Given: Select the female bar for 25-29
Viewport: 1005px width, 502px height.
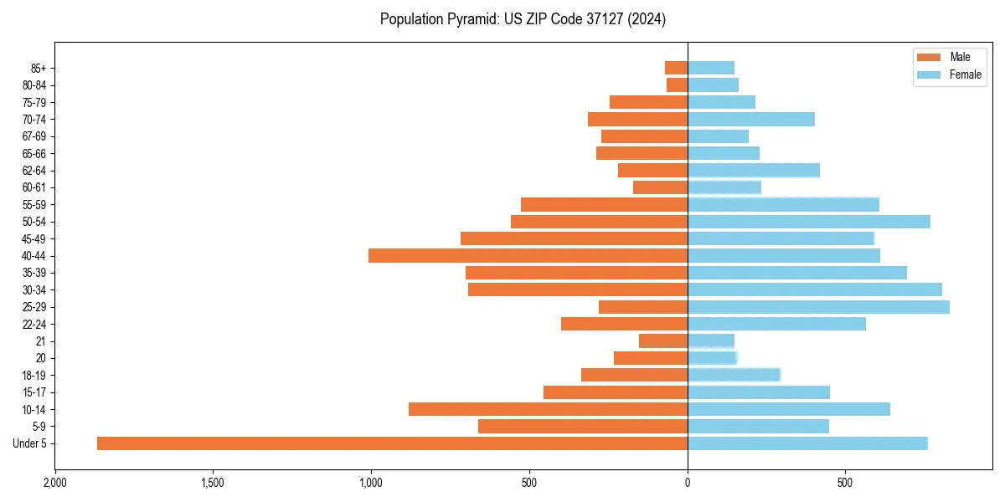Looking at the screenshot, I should (x=818, y=307).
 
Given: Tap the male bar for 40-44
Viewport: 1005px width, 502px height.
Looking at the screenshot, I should (x=528, y=255).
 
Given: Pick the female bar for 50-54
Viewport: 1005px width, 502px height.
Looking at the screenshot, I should (x=808, y=222).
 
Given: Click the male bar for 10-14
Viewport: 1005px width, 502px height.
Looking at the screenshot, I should (x=548, y=409).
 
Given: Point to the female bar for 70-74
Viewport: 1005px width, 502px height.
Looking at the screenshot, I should (x=750, y=119).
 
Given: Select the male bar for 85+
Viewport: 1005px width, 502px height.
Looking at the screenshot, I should (x=676, y=68).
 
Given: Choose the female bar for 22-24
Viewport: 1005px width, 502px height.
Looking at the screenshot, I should (x=776, y=324).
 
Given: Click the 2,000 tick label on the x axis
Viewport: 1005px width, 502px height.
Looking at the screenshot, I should (x=55, y=483).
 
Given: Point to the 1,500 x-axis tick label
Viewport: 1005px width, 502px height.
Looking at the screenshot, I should (x=213, y=483).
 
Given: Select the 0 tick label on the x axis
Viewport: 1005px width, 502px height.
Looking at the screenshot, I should (x=688, y=483).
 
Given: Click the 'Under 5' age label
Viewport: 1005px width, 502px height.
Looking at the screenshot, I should (x=29, y=443).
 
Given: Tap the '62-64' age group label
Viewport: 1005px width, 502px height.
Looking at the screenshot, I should (x=33, y=171).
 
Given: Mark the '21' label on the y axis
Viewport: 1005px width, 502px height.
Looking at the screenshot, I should (x=40, y=341).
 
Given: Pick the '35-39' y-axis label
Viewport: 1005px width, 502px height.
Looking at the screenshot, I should (x=33, y=273).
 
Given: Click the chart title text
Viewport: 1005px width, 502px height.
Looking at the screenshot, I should (x=523, y=19).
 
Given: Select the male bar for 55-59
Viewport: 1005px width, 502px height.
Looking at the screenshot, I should (x=604, y=204).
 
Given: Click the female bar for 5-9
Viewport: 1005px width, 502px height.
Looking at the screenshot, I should (x=758, y=427).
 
